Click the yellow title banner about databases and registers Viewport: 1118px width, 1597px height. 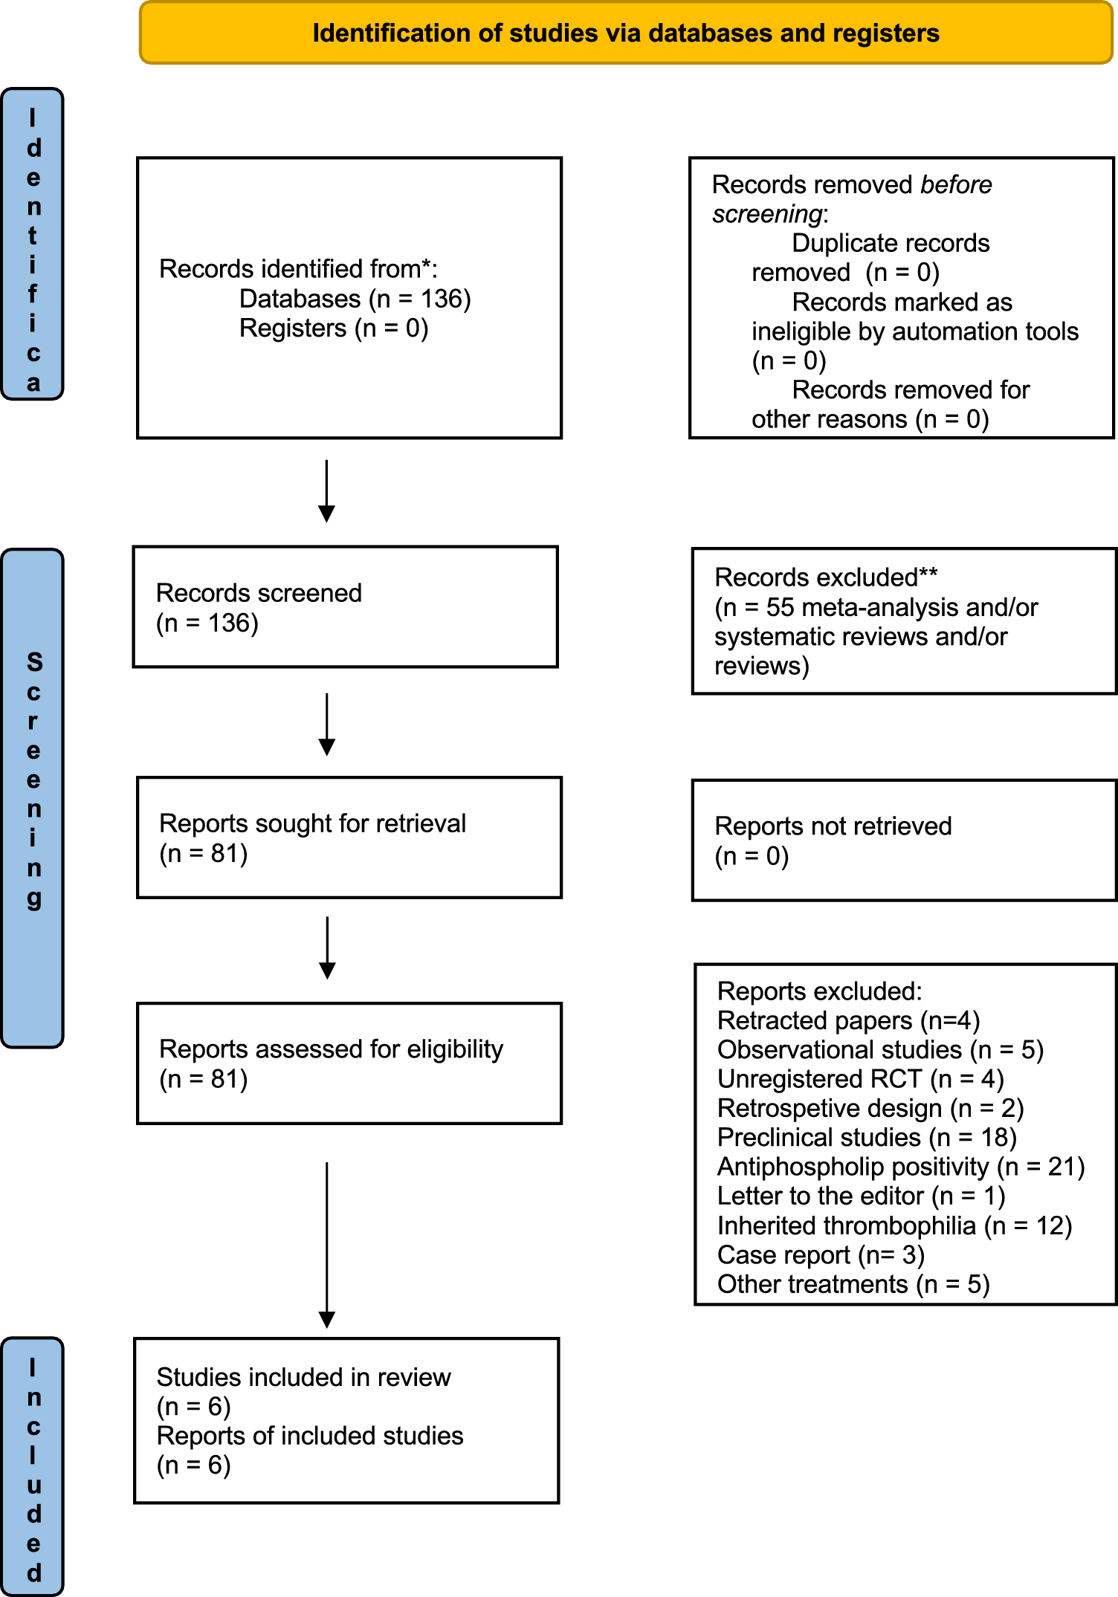(x=626, y=33)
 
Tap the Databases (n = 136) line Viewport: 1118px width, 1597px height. (x=355, y=299)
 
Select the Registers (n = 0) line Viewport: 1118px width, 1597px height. (x=333, y=328)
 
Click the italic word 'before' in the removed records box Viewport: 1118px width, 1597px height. (x=955, y=185)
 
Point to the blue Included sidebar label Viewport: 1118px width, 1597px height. (x=33, y=1468)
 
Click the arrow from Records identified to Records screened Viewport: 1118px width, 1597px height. (x=326, y=490)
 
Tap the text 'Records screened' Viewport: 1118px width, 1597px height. (x=259, y=593)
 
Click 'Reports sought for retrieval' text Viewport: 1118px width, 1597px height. (x=312, y=823)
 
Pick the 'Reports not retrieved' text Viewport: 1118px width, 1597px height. (x=833, y=826)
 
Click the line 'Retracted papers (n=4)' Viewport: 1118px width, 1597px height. (x=848, y=1021)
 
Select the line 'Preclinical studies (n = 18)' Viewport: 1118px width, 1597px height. (x=866, y=1138)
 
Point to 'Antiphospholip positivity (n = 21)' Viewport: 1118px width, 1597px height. (x=900, y=1167)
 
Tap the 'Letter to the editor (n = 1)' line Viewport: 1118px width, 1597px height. (x=861, y=1196)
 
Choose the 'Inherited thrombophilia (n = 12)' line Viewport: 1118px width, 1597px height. (x=894, y=1225)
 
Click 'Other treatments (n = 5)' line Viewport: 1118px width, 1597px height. (x=853, y=1284)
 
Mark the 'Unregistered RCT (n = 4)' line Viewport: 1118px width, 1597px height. (x=860, y=1079)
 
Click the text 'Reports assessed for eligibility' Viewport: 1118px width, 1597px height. (x=331, y=1049)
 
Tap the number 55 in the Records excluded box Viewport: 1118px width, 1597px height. (x=780, y=608)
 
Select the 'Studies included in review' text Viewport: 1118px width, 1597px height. (x=303, y=1377)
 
